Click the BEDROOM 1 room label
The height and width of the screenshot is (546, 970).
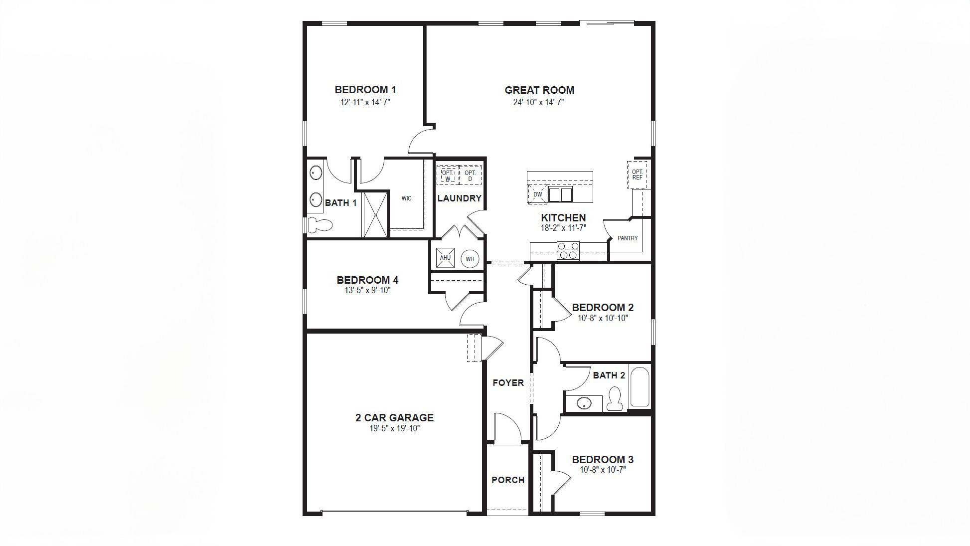(x=365, y=90)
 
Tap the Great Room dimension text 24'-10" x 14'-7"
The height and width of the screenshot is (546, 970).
(x=538, y=102)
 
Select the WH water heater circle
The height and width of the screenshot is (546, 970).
(x=470, y=259)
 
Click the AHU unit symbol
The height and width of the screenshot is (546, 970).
(x=445, y=258)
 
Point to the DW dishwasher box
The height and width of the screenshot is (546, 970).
(x=537, y=194)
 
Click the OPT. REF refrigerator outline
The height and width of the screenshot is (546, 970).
(x=637, y=175)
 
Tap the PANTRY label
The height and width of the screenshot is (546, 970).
(x=627, y=238)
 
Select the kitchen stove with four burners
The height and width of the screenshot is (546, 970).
(x=568, y=251)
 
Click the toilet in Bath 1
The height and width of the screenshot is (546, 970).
(x=319, y=225)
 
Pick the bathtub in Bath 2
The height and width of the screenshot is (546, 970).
(x=640, y=387)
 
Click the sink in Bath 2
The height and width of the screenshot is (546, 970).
(x=584, y=403)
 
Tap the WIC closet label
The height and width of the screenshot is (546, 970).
(x=406, y=198)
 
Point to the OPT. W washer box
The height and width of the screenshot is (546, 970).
(x=447, y=176)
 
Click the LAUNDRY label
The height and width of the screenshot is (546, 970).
(x=459, y=198)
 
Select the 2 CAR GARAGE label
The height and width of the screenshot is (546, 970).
(x=394, y=418)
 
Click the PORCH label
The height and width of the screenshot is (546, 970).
(x=507, y=480)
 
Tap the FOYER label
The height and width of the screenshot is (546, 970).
(x=508, y=382)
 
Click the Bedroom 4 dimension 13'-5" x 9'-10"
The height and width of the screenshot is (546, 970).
(x=367, y=290)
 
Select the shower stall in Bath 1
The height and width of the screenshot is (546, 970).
(x=375, y=214)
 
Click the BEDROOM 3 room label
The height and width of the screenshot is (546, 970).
(x=602, y=459)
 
